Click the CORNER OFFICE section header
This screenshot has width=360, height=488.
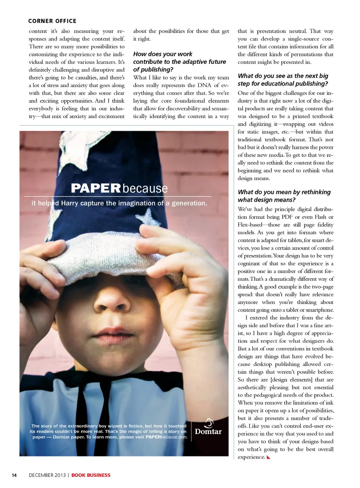coord(52,21)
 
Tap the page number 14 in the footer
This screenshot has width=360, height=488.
coord(14,475)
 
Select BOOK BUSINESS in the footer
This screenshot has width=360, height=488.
coord(91,475)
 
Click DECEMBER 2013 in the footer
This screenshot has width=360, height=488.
coord(47,475)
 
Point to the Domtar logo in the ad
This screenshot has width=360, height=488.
coord(208,428)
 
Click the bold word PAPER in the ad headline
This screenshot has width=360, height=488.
coord(96,188)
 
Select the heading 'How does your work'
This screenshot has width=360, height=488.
coord(162,54)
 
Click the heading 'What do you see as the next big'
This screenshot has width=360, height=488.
coord(283,76)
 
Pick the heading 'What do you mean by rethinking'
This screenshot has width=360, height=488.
coord(284,192)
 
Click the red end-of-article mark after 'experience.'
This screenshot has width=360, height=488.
coord(268,457)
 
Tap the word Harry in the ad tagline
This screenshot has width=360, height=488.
coord(69,203)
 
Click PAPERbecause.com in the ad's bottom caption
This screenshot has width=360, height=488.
coord(166,437)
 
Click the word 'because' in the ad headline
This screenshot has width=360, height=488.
coord(145,188)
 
